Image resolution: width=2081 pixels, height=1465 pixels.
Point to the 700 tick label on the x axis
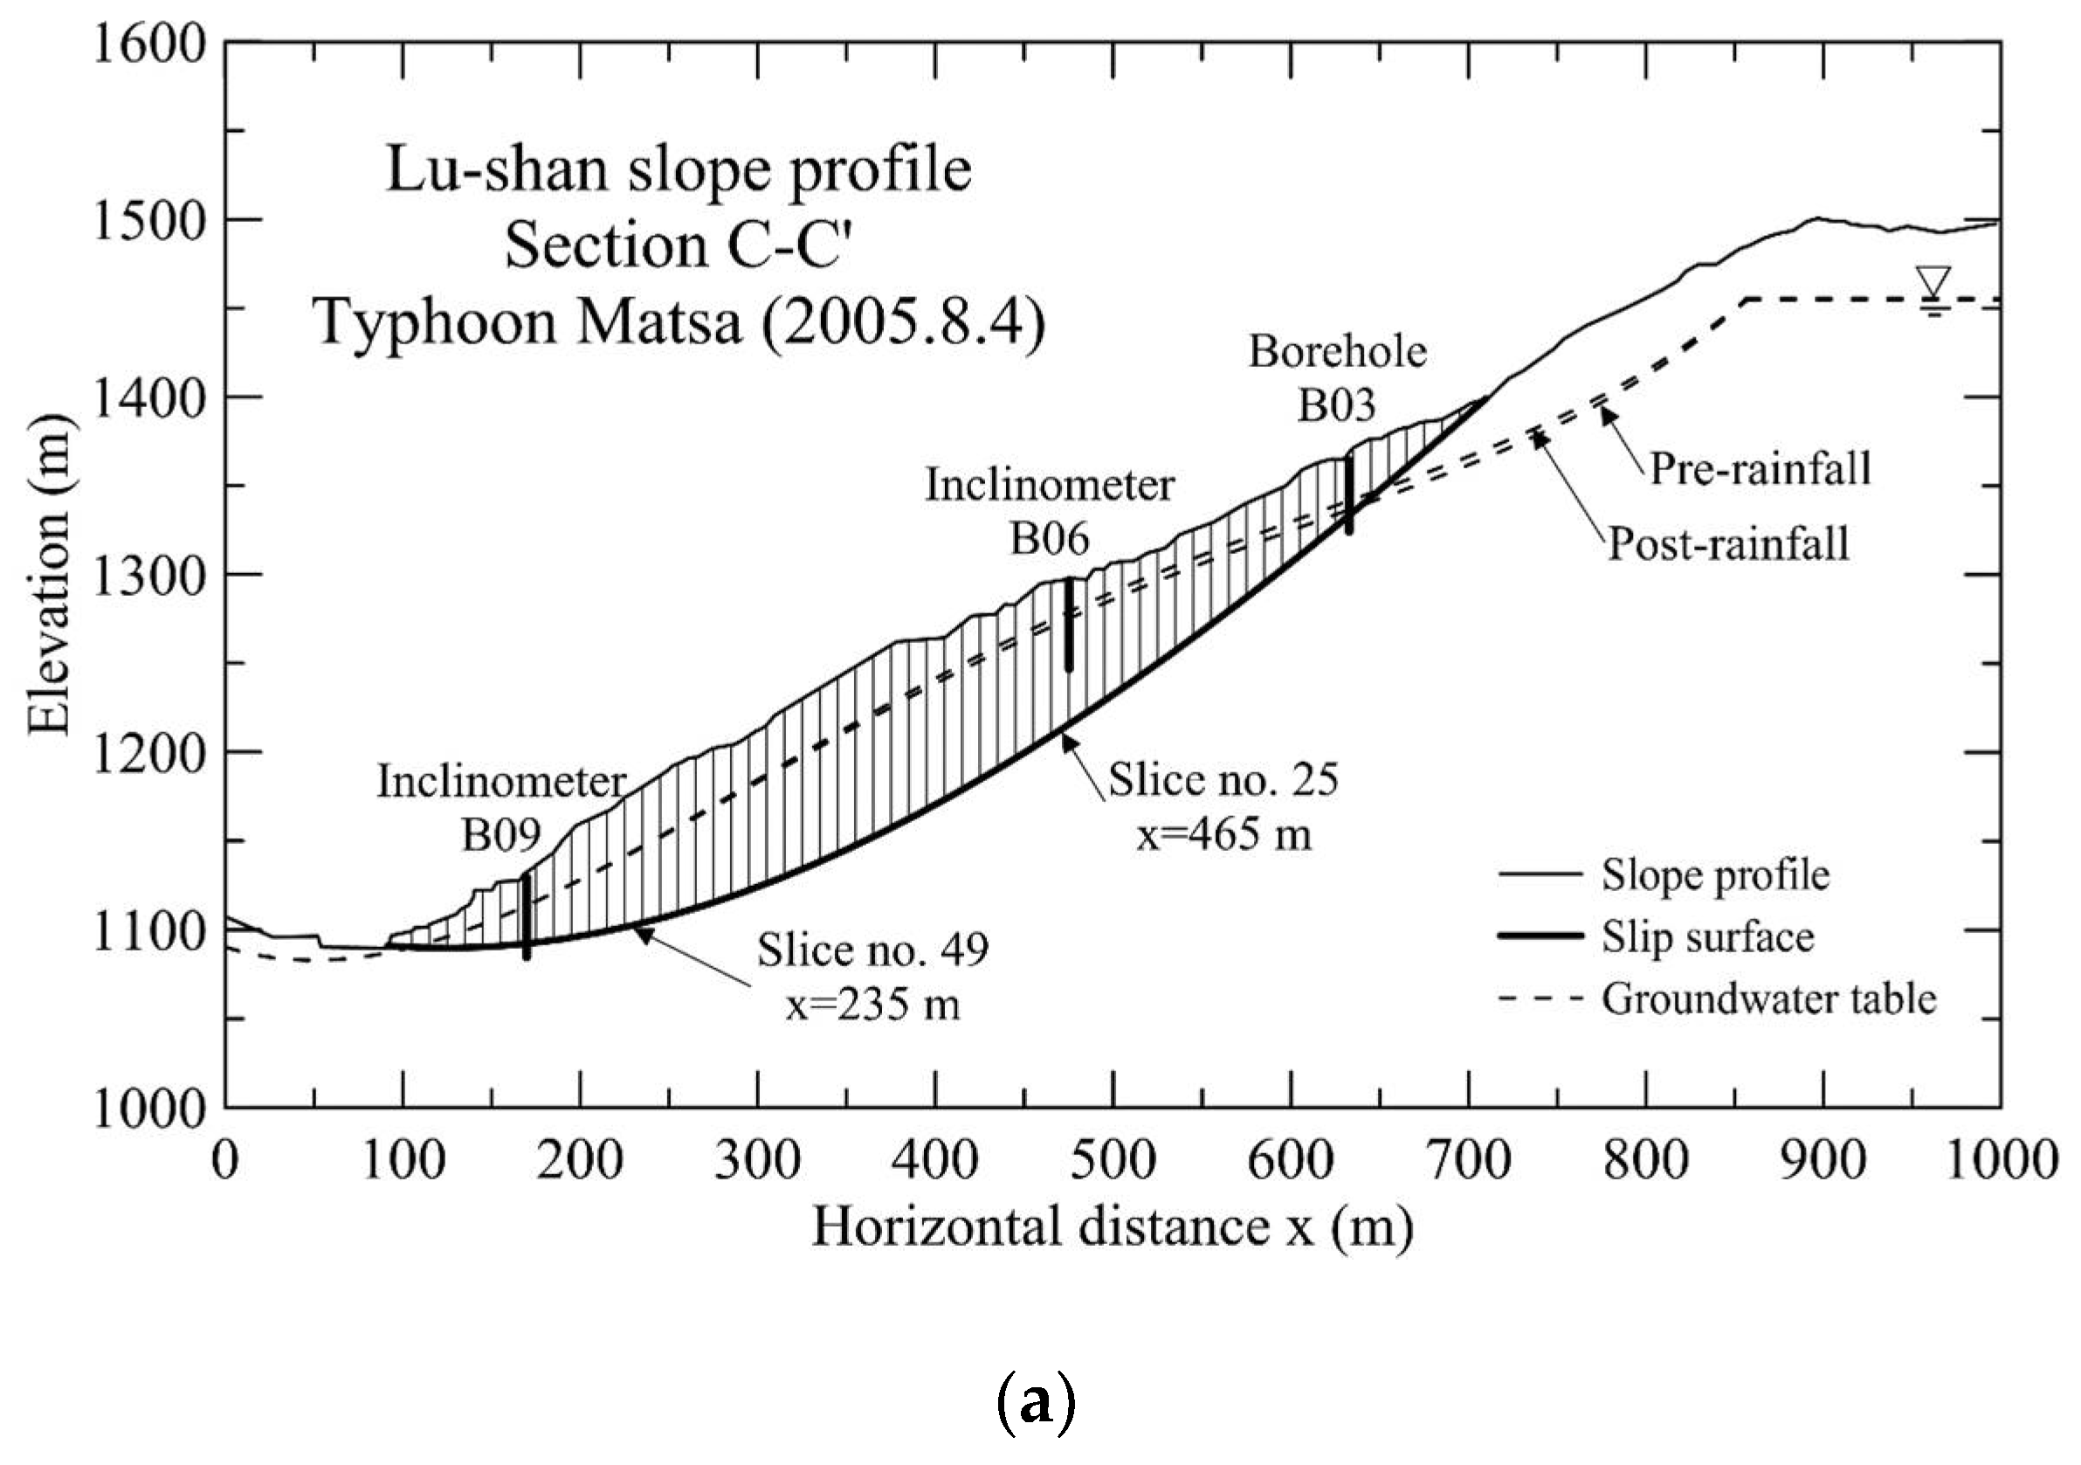[1468, 1160]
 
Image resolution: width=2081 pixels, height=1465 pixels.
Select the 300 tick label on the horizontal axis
[758, 1160]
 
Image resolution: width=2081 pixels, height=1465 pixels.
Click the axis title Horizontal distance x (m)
[1112, 1227]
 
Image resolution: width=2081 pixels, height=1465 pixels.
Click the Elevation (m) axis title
[49, 576]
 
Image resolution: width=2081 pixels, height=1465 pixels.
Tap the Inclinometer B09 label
[501, 807]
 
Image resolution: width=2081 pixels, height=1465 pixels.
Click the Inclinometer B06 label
[1050, 512]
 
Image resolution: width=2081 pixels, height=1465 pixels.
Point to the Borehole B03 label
[1337, 377]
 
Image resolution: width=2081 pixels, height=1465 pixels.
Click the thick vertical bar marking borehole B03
[1348, 495]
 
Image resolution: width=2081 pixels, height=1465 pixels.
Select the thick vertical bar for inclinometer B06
[1069, 625]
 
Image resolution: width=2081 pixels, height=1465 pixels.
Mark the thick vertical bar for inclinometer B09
[527, 916]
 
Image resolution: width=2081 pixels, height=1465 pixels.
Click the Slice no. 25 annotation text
[1223, 779]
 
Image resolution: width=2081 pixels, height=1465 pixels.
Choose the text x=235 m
[872, 1005]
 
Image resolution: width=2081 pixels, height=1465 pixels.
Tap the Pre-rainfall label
[1760, 469]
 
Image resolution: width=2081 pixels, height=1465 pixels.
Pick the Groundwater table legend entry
[1768, 999]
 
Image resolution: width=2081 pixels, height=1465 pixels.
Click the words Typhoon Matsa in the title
[526, 322]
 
